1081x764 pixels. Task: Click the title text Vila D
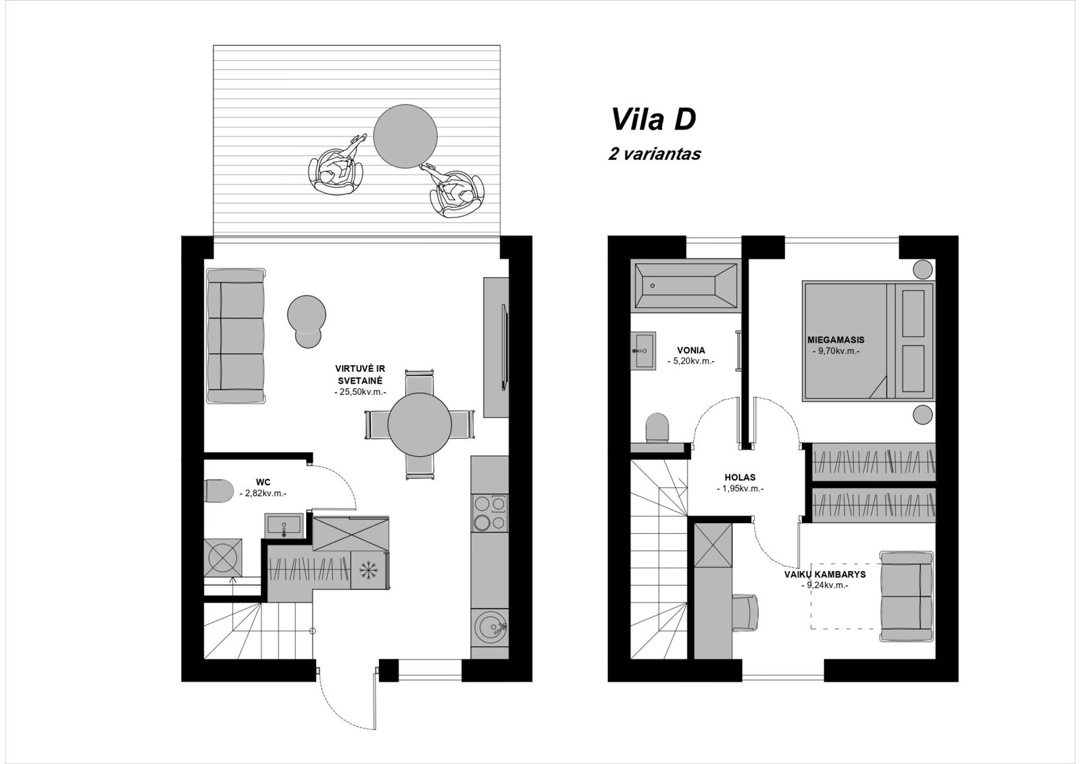653,119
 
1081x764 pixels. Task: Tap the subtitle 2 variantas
655,154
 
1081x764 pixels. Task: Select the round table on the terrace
405,136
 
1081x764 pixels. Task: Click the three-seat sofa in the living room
236,335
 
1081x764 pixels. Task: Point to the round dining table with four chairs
420,425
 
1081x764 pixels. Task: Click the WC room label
263,482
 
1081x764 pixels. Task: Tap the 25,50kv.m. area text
360,392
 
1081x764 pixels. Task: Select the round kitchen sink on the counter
490,627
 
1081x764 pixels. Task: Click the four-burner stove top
490,513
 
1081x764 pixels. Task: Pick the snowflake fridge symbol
370,570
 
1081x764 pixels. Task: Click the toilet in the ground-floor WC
219,491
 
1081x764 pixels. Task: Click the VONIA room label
690,350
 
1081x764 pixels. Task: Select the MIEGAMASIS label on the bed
836,340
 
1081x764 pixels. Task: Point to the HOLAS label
740,478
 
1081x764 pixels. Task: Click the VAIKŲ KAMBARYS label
825,574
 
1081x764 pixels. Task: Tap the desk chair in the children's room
745,612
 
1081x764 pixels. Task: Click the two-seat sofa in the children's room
907,596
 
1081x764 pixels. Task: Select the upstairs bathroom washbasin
643,350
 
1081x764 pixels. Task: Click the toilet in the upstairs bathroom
657,427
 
